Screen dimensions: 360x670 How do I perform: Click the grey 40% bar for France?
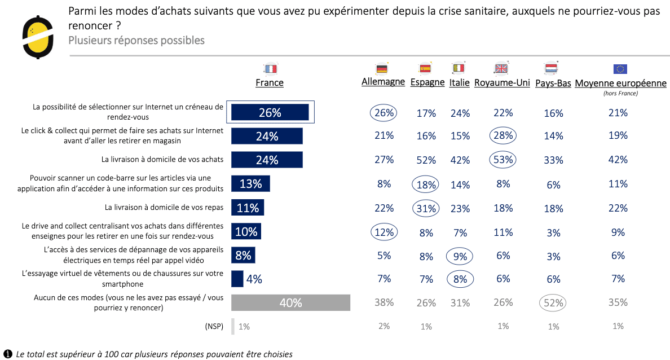291,303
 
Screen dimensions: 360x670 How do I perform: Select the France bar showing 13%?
250,184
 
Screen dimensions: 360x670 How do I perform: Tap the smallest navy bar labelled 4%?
237,279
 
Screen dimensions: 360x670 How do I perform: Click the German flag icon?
382,69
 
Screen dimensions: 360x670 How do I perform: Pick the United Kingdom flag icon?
501,69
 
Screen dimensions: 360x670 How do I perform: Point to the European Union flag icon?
620,69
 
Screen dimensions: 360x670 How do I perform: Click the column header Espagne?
427,82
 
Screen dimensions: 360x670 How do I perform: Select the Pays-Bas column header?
553,83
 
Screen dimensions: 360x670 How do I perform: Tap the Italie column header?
459,82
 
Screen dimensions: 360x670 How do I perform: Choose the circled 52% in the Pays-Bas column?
553,302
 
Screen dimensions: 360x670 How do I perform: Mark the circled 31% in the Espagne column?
426,208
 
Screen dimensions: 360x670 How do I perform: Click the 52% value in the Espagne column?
426,160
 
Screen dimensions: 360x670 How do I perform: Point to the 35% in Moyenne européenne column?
618,302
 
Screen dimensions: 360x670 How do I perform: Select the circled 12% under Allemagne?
384,231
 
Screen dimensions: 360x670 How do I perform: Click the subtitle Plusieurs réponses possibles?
136,40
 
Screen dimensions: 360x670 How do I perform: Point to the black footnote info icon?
8,354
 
